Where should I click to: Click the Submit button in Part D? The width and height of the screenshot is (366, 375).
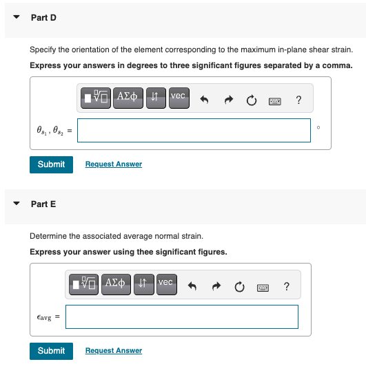(51, 164)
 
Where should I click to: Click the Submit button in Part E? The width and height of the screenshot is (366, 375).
(51, 351)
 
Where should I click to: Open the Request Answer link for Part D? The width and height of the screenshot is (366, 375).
(114, 164)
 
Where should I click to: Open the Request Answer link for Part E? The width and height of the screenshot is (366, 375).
(114, 350)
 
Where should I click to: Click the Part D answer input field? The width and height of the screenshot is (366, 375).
(194, 130)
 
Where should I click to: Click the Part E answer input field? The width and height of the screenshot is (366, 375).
(182, 317)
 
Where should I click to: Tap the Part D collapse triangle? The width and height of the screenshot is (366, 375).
(17, 17)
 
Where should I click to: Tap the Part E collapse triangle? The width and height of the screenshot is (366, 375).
(17, 204)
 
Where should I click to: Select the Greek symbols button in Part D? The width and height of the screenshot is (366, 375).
(128, 98)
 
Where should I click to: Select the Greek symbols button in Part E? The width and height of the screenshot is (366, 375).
(116, 284)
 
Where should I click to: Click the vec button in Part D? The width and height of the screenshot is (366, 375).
(179, 98)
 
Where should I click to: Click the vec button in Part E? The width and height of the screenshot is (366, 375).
(167, 284)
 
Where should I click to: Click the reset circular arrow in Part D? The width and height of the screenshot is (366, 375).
(252, 100)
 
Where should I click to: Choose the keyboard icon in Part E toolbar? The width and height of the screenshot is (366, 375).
(263, 288)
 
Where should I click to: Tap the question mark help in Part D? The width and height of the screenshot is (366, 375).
(298, 100)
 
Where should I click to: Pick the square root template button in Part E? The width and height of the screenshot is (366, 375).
(83, 284)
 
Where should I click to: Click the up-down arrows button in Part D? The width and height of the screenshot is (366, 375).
(156, 98)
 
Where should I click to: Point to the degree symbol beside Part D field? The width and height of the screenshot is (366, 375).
(318, 127)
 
